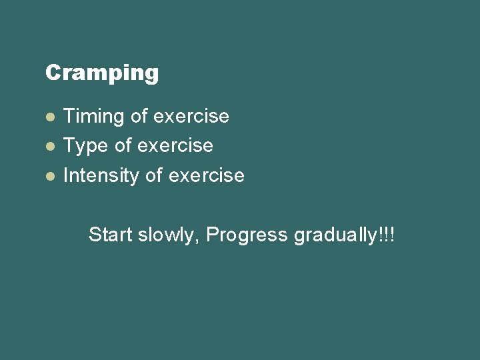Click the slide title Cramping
point(102,73)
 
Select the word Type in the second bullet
point(85,146)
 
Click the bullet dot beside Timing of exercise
point(49,117)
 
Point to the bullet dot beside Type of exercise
point(49,146)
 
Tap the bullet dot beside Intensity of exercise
point(49,176)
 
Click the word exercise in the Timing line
point(191,117)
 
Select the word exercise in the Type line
point(175,146)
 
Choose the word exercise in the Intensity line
point(207,176)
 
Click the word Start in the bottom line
point(111,235)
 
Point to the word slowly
point(167,235)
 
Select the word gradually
point(335,235)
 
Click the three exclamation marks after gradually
point(387,235)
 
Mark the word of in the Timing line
point(139,117)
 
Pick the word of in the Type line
point(123,146)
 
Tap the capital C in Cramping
point(53,72)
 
